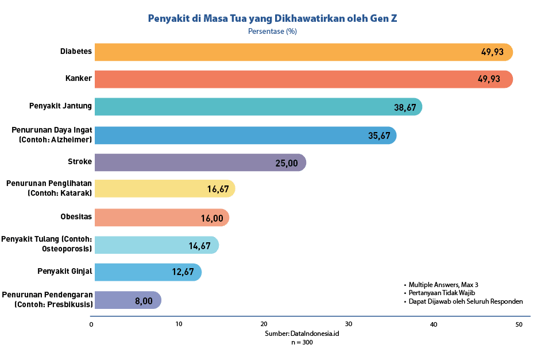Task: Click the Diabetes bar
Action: click(x=287, y=52)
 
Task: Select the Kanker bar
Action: click(x=287, y=79)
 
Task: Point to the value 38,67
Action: click(x=404, y=107)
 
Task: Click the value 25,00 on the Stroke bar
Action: click(x=287, y=163)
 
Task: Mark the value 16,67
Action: click(x=218, y=189)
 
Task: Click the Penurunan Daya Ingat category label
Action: click(x=52, y=135)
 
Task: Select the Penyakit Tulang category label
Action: click(x=47, y=244)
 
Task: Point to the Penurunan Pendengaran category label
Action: click(x=47, y=299)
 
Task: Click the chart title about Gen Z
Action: click(x=272, y=18)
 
